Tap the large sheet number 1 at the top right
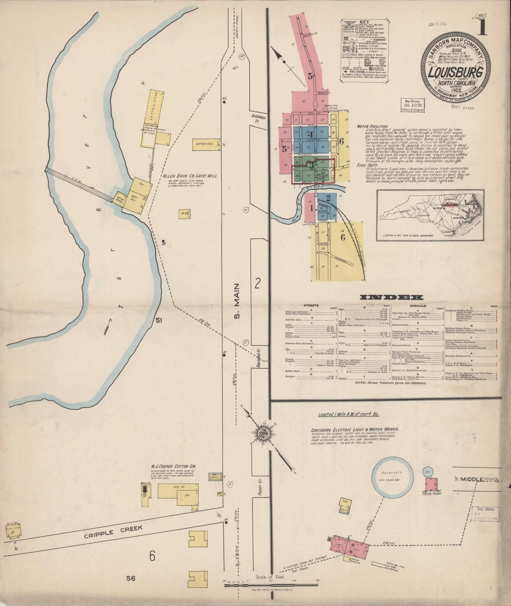pos(482,28)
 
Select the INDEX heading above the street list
pos(390,297)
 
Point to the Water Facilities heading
pos(372,126)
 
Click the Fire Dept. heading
pos(367,165)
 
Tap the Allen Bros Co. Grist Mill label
pos(190,176)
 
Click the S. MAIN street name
pos(238,301)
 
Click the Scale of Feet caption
pos(270,577)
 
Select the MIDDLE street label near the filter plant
pos(472,479)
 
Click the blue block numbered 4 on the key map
pos(311,134)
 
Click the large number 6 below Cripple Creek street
pos(152,556)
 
